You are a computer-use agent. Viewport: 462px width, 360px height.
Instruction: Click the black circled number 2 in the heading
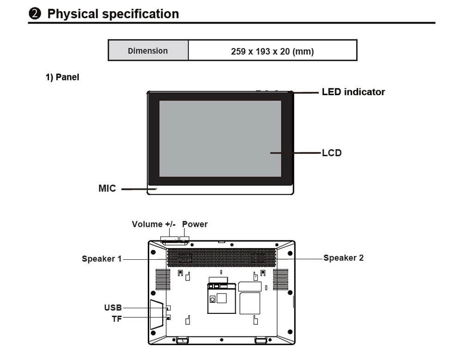click(35, 13)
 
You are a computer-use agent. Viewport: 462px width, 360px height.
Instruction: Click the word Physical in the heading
click(73, 14)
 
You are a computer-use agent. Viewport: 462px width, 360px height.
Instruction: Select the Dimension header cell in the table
click(148, 50)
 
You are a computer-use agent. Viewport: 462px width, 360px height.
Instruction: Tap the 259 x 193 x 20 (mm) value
click(272, 51)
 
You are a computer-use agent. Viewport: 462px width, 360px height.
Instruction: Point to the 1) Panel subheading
click(62, 77)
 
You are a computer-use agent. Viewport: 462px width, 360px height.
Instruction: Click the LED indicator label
click(353, 92)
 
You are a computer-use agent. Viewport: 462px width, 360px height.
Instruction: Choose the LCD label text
click(332, 153)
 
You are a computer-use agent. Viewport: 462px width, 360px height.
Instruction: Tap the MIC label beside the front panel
click(107, 188)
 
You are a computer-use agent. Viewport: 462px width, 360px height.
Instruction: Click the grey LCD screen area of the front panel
click(220, 139)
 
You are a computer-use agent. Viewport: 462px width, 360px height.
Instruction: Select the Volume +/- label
click(153, 224)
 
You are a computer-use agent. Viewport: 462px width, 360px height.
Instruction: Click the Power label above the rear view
click(195, 224)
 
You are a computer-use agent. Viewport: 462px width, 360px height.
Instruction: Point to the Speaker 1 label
click(102, 259)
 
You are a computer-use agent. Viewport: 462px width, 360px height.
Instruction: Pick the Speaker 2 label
click(344, 258)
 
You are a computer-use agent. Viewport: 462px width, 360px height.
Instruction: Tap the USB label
click(113, 307)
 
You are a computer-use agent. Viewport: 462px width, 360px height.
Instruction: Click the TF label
click(117, 319)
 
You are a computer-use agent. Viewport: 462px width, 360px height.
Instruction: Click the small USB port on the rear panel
click(168, 308)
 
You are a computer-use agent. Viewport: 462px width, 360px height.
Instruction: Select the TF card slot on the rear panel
click(168, 317)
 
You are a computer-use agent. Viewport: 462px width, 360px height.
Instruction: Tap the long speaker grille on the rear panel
click(221, 257)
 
